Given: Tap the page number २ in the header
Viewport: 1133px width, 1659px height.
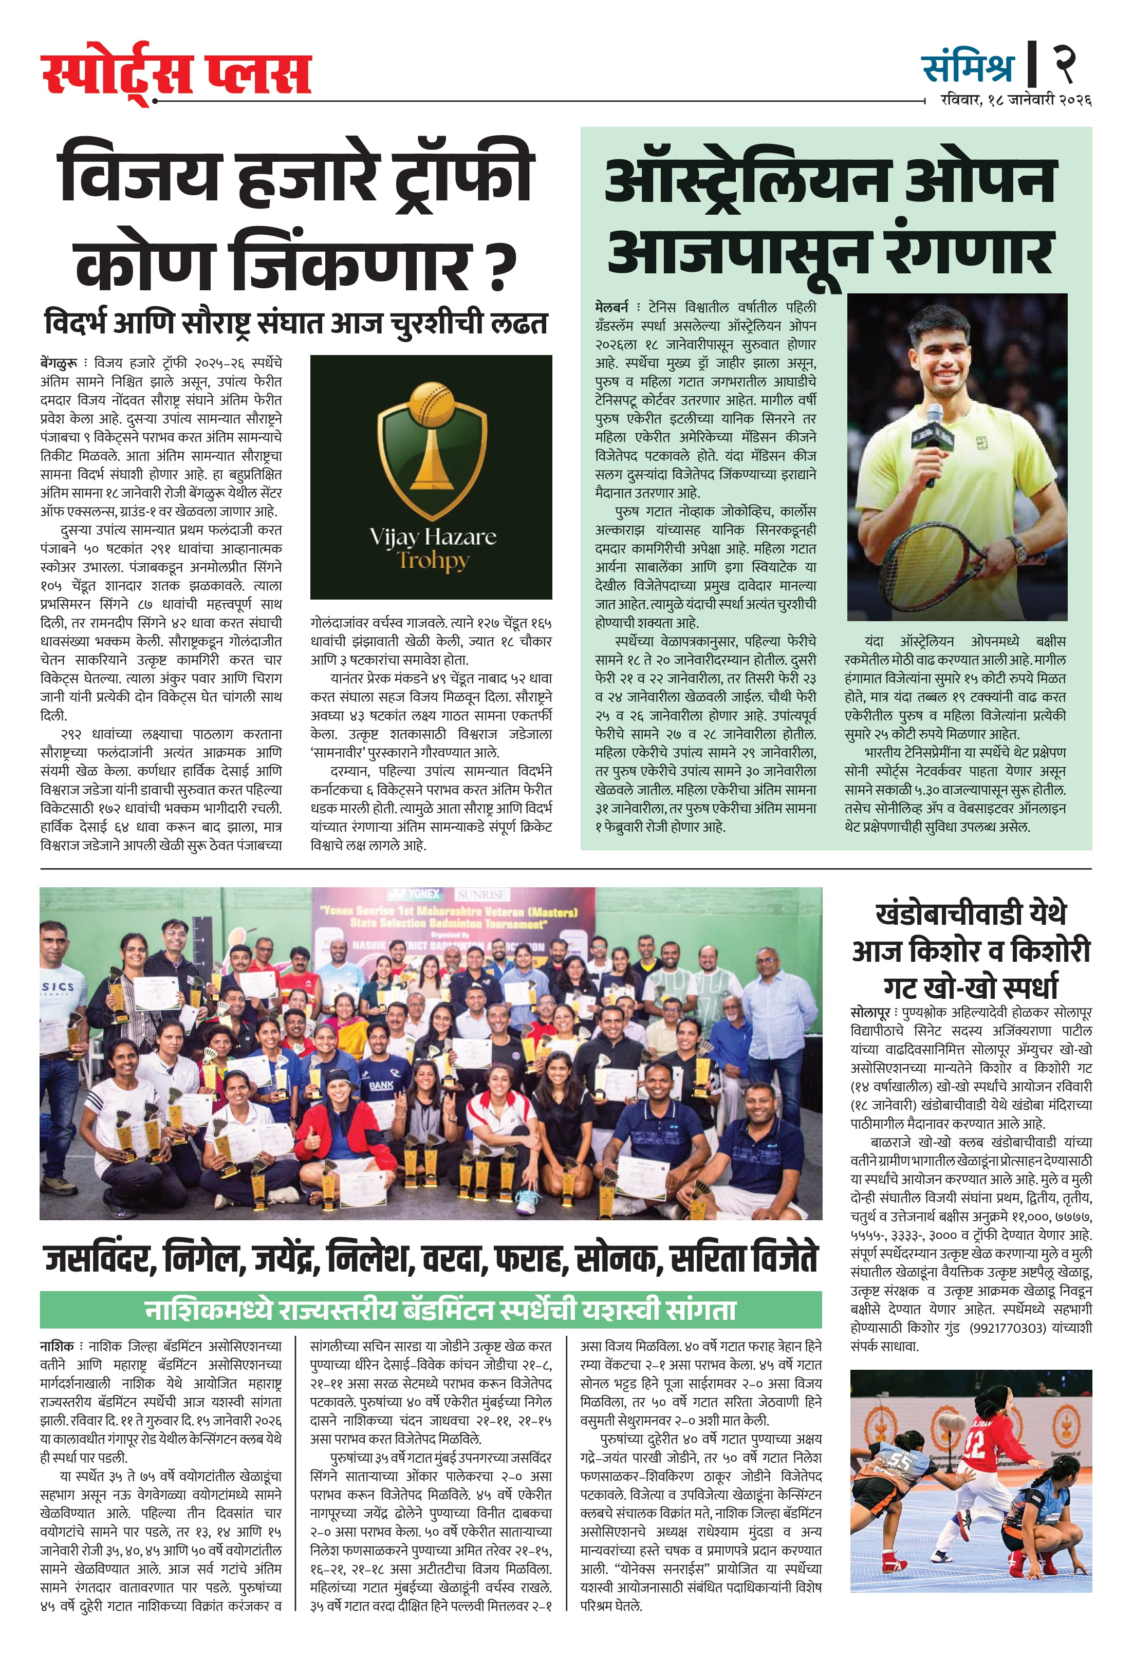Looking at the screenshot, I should [1065, 64].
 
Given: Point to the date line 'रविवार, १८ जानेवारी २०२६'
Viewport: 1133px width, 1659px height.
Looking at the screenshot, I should [1015, 101].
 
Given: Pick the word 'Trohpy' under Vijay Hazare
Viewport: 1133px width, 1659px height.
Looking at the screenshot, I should [433, 561].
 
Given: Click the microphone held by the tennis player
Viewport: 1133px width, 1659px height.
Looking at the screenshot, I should [934, 433].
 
